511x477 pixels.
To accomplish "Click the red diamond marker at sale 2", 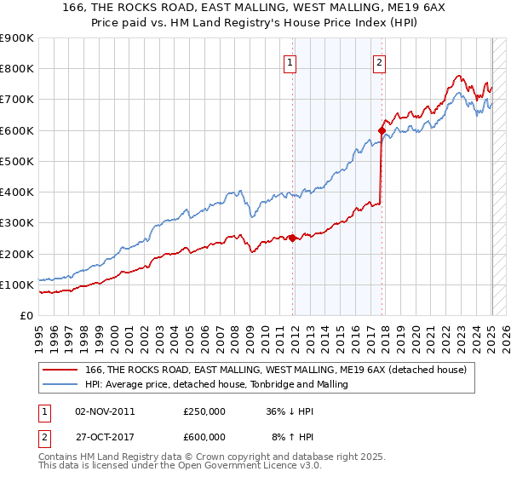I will point(382,130).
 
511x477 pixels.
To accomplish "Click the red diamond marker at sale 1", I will point(293,238).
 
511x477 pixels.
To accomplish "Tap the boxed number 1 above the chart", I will point(290,61).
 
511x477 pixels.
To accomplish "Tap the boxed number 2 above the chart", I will point(378,61).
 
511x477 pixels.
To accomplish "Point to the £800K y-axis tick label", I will point(17,69).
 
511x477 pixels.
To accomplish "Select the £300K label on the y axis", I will point(17,223).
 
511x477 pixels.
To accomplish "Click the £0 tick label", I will point(26,315).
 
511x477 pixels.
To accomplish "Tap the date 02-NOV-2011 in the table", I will point(105,411).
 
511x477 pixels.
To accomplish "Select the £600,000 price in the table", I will point(204,437).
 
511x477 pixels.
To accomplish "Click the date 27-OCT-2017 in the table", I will point(105,437).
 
